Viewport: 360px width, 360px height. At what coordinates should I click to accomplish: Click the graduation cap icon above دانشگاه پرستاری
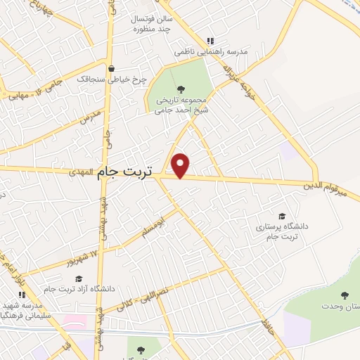282,217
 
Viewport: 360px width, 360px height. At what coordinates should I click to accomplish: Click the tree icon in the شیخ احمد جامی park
181,89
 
